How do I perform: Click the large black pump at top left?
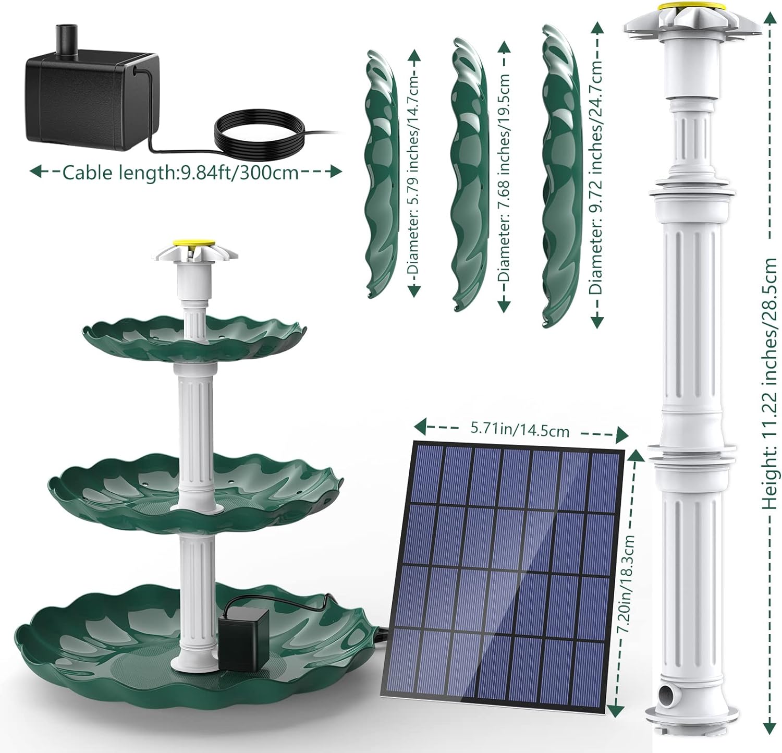point(89,99)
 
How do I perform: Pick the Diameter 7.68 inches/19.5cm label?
point(504,177)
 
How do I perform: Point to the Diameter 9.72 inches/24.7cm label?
point(596,177)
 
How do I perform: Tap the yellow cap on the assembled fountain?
point(195,243)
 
